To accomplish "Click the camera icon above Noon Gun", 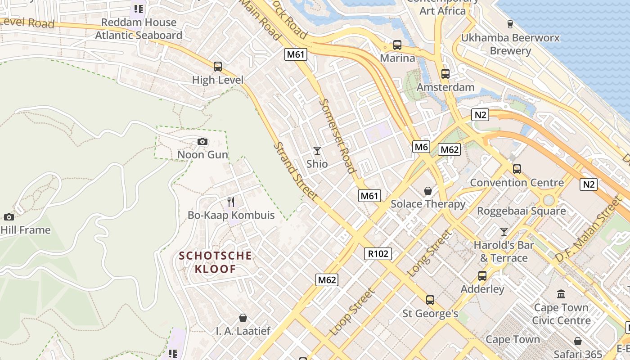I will (x=202, y=142).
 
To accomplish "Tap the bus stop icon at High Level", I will (x=218, y=67).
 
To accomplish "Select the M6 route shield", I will (x=421, y=147).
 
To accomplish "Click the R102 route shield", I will (x=378, y=254).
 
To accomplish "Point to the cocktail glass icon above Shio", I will (x=317, y=151).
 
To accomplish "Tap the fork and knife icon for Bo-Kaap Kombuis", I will (x=231, y=202).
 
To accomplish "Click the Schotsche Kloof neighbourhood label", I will (x=216, y=262).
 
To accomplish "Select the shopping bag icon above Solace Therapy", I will (x=428, y=191).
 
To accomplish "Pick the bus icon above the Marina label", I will (x=397, y=45).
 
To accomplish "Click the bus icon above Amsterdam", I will (x=445, y=74).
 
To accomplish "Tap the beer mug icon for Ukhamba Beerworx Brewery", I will (x=510, y=24).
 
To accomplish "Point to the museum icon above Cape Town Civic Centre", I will (x=561, y=294).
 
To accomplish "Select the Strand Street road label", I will (x=296, y=171).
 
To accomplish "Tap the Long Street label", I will (x=429, y=253).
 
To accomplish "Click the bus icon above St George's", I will (x=430, y=300).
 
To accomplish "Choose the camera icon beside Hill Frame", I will (x=9, y=217).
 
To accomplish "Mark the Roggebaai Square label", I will (x=521, y=211).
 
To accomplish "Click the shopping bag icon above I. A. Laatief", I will (x=243, y=318).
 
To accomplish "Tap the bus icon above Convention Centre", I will (x=517, y=169).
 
